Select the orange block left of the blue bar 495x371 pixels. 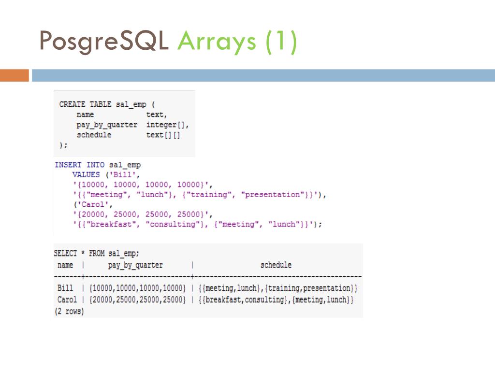[x=14, y=75]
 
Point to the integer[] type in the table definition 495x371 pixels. [x=167, y=125]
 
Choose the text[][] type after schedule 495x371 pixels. [x=163, y=135]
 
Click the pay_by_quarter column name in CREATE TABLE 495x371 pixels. [x=107, y=125]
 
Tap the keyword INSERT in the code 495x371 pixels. [x=68, y=165]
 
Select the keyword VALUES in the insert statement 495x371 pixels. [x=86, y=175]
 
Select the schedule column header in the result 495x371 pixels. [x=276, y=265]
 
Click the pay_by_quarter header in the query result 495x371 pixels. [x=135, y=265]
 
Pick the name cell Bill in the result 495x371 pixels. [x=65, y=288]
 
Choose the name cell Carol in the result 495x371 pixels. [x=67, y=300]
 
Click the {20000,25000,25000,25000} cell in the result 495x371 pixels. [x=137, y=300]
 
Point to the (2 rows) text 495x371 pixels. [x=69, y=312]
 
